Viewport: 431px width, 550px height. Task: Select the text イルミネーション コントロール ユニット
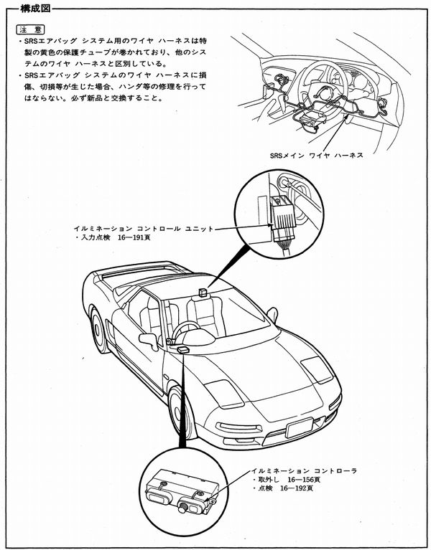150,228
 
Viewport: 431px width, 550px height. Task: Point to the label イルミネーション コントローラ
306,470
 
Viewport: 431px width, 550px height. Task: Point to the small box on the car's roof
204,292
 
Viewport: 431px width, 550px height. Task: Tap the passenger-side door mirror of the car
272,313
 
